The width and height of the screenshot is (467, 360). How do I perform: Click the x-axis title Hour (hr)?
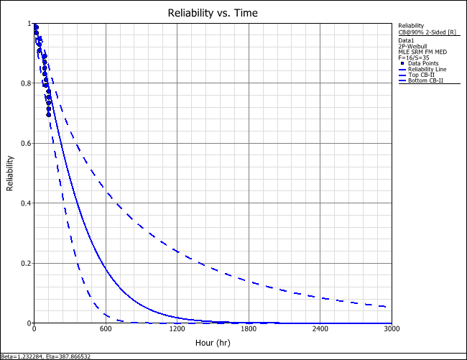(213, 343)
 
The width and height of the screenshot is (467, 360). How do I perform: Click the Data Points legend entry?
(422, 64)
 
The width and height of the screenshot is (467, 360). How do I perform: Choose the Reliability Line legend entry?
(425, 69)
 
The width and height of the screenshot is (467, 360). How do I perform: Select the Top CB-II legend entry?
(421, 75)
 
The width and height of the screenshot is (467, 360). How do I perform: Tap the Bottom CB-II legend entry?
(424, 80)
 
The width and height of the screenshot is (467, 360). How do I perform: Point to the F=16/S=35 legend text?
(413, 57)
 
